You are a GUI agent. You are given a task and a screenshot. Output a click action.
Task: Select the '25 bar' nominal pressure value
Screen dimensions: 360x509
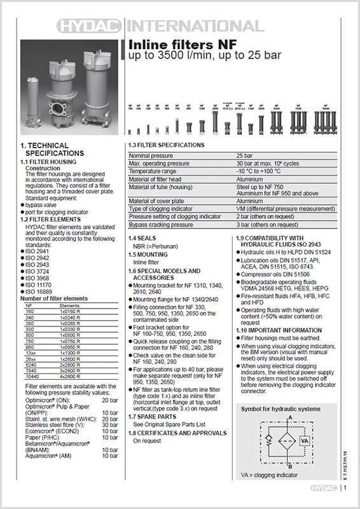point(246,155)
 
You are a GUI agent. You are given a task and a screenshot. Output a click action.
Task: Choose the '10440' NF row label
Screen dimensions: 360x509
point(32,377)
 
